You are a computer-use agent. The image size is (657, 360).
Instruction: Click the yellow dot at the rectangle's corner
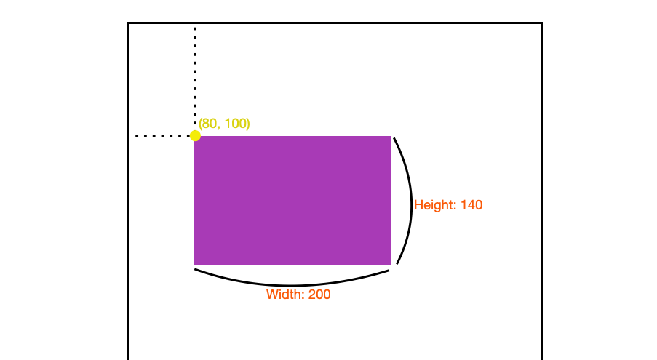195,136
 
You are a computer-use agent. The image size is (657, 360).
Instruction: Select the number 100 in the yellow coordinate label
235,124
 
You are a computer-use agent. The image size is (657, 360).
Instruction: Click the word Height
435,205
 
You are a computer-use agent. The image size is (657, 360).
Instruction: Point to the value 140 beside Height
471,205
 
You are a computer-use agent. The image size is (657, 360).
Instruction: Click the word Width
285,295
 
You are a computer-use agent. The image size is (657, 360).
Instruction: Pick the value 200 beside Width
319,295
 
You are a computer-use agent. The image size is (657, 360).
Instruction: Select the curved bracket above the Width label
291,284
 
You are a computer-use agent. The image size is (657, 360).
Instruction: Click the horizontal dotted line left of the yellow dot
164,136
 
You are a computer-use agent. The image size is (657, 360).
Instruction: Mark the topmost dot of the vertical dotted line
195,28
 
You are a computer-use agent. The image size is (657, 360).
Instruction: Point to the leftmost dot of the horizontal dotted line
138,136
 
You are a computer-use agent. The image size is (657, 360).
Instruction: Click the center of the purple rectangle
293,201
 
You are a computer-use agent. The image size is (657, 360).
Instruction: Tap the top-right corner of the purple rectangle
391,136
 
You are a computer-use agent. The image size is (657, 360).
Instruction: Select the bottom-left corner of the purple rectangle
195,265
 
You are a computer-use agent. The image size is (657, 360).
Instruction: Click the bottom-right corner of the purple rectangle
391,265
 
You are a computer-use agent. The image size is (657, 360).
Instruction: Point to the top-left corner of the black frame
128,23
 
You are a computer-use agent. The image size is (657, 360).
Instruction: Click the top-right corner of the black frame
541,23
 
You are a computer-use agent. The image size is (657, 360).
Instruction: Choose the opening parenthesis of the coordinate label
201,124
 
